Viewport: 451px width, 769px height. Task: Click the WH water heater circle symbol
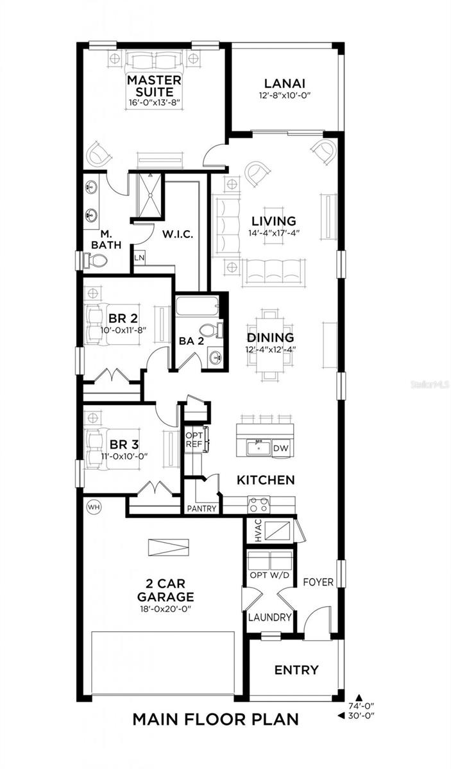[x=94, y=507]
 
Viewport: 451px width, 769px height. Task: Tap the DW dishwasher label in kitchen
[x=280, y=449]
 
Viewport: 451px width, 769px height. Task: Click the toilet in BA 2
[x=220, y=331]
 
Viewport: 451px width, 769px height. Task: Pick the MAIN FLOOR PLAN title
[x=215, y=719]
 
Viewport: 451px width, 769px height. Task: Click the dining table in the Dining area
[x=271, y=338]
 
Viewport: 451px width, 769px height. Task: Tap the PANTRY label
[x=201, y=508]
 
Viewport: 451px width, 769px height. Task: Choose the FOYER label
[x=318, y=582]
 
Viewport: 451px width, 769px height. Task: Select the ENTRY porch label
[x=296, y=670]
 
